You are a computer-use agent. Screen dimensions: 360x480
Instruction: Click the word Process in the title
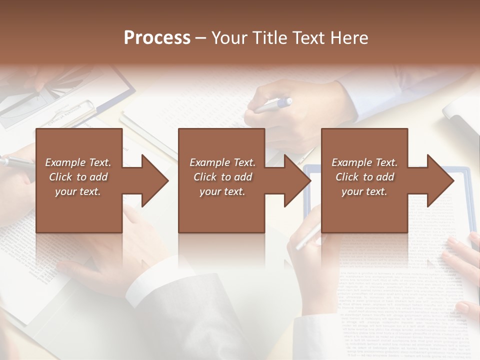(x=157, y=37)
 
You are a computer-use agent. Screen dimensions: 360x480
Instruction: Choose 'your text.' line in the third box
(x=364, y=191)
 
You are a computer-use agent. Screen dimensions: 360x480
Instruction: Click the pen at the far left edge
(x=15, y=161)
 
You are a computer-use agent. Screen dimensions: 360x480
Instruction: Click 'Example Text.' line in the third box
(x=364, y=162)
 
